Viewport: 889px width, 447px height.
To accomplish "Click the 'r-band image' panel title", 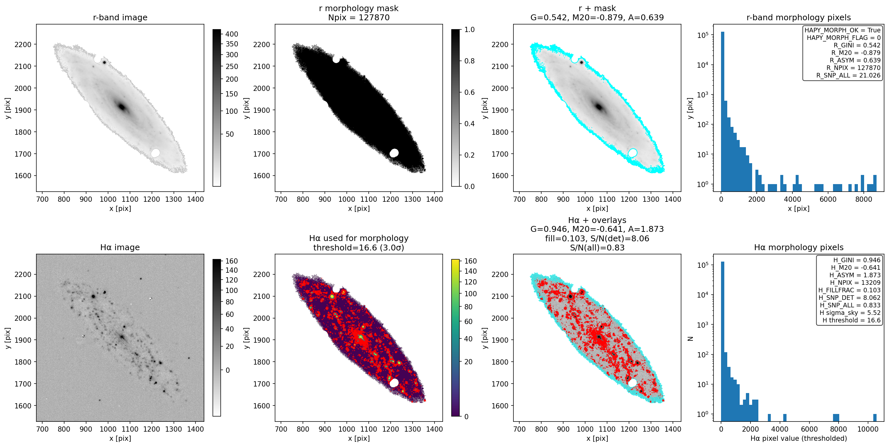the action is pos(120,17).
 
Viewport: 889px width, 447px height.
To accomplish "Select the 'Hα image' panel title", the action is pos(120,247).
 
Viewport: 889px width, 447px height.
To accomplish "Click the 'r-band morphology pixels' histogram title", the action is pos(799,17).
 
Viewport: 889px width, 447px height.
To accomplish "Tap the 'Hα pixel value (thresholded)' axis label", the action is pos(799,438).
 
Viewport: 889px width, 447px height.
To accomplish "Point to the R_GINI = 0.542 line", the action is pos(857,45).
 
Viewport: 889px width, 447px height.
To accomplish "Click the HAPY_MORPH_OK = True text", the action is pos(843,30).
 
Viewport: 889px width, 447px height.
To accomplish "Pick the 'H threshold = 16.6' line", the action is pos(851,320).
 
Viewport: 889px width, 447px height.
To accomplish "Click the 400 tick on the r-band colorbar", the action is pos(232,34).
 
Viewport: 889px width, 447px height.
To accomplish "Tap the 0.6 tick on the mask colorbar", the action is pos(469,92).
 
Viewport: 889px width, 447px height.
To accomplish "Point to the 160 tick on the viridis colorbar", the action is pos(471,261).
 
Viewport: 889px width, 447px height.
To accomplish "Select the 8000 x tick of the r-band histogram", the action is pos(864,199).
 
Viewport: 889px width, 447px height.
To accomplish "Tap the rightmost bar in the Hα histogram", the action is pos(875,417).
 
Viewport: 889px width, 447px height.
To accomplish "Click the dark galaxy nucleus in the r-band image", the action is pos(121,107).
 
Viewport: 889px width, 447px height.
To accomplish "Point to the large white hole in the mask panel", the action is pos(394,153).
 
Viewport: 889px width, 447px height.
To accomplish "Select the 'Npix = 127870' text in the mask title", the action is pos(359,18).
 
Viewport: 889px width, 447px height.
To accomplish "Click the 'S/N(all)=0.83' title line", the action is pos(597,248).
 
